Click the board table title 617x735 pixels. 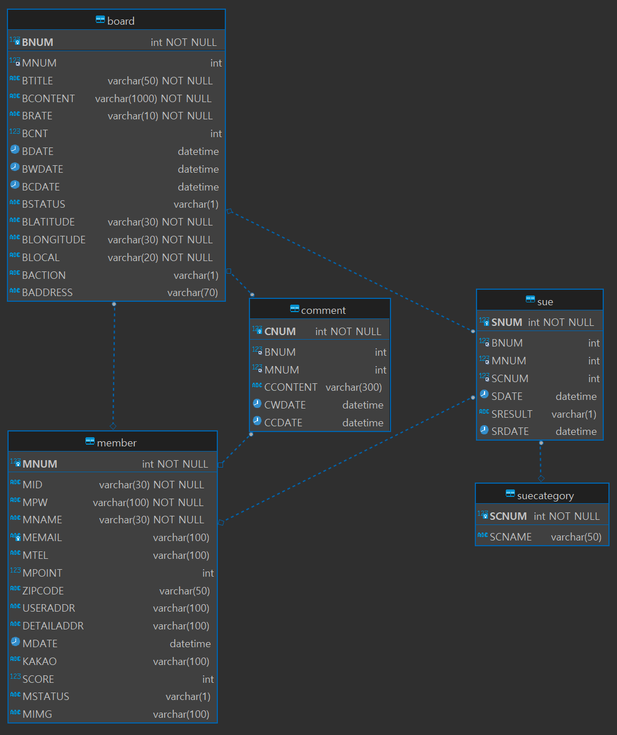[x=120, y=21]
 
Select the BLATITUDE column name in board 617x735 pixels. [x=48, y=222]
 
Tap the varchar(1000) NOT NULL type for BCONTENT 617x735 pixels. [x=153, y=99]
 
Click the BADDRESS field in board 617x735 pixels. [x=47, y=293]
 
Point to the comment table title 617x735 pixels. [x=323, y=310]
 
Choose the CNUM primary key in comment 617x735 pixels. [x=280, y=332]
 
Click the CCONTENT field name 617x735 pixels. [x=291, y=387]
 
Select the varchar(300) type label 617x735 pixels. [x=353, y=387]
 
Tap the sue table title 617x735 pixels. [x=545, y=302]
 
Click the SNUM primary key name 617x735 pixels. [x=506, y=322]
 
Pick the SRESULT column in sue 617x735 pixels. [x=511, y=414]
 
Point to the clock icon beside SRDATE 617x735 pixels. [x=484, y=430]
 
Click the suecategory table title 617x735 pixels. [x=545, y=496]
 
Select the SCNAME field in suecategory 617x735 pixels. [x=510, y=537]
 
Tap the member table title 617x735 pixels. [x=116, y=443]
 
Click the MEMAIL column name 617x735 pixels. [x=42, y=538]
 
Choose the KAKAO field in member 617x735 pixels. [x=39, y=662]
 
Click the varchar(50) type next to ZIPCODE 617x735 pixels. [x=184, y=591]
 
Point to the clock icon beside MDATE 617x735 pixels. [x=15, y=642]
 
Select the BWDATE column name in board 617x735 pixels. [x=42, y=169]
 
